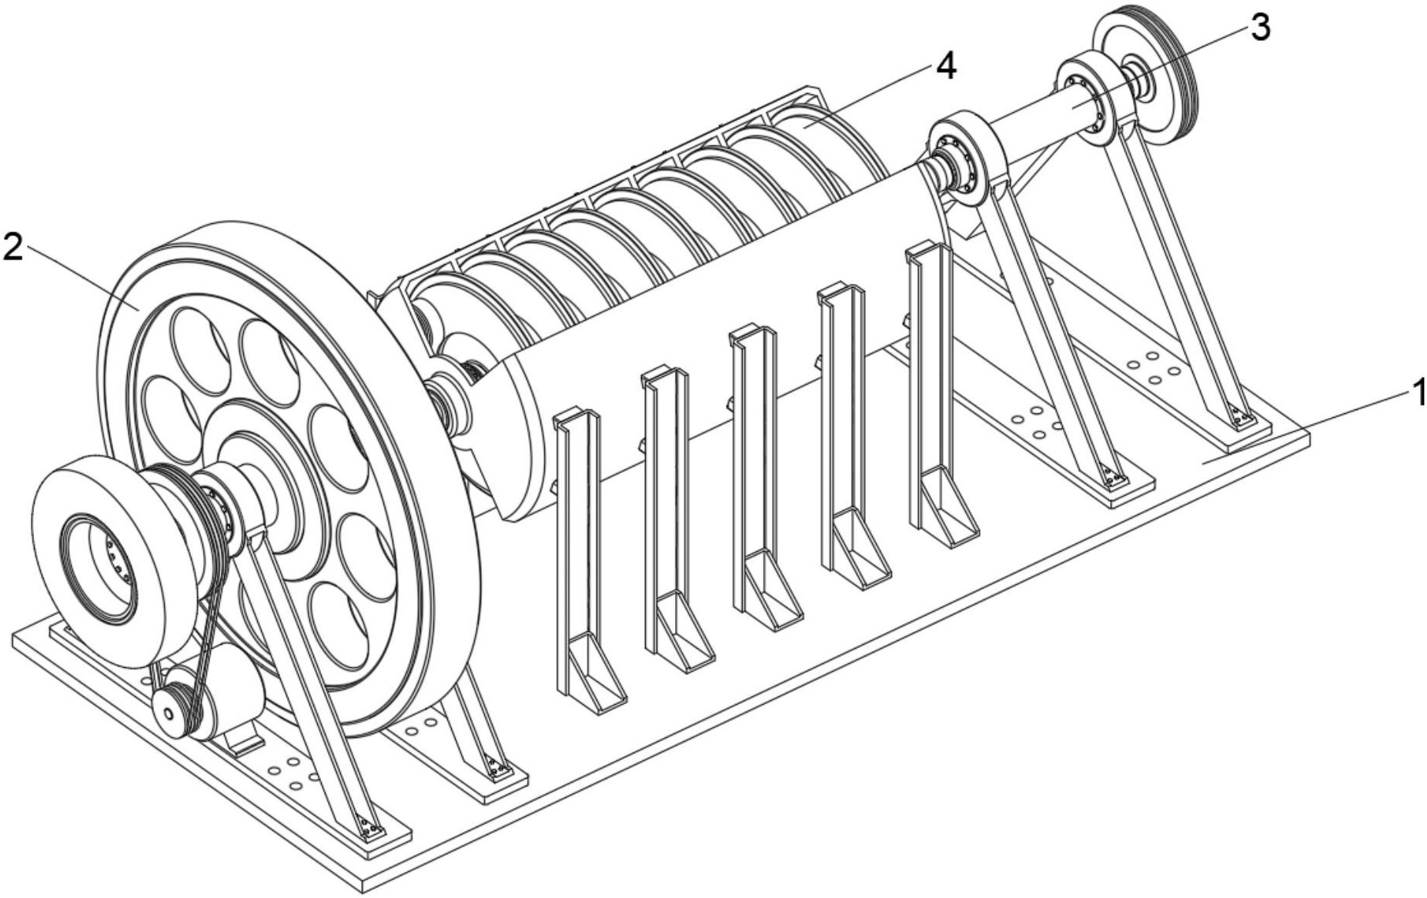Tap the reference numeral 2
click(13, 246)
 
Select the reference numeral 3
click(1259, 28)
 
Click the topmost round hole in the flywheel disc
click(202, 342)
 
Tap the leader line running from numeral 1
click(1308, 427)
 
